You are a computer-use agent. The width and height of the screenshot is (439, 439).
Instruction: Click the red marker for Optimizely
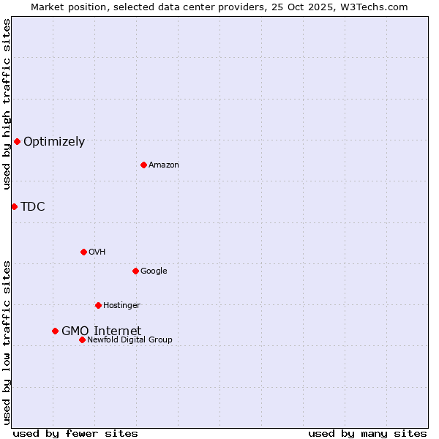[x=17, y=141]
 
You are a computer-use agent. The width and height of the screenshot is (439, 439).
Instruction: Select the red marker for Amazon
[x=143, y=165]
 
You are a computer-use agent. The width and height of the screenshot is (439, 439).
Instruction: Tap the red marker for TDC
[x=14, y=206]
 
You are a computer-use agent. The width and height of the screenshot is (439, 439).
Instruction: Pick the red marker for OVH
[x=83, y=252]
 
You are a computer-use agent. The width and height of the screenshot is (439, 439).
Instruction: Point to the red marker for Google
[x=135, y=271]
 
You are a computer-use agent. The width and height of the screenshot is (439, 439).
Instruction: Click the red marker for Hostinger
[x=98, y=305]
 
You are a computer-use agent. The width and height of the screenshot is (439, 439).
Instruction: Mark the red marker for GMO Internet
[x=55, y=331]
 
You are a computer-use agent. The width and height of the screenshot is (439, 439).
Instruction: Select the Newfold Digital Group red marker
[x=82, y=339]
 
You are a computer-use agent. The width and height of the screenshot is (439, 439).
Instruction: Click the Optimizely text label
[x=54, y=142]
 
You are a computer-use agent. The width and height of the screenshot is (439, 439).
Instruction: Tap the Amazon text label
[x=164, y=165]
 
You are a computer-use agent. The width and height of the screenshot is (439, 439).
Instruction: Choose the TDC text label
[x=33, y=207]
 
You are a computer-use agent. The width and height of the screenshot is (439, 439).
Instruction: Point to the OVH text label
[x=97, y=252]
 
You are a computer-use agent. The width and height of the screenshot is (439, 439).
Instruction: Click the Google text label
[x=154, y=271]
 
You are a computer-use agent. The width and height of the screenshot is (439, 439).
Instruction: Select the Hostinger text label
[x=121, y=306]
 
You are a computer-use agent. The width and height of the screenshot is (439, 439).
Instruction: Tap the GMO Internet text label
[x=101, y=331]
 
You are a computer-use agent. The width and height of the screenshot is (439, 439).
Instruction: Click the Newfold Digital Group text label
[x=130, y=340]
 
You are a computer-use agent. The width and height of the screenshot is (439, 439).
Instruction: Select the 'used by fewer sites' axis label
[x=75, y=433]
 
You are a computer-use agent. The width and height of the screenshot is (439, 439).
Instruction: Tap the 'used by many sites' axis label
[x=367, y=433]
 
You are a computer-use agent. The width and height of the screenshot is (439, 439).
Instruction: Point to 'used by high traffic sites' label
[x=7, y=105]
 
